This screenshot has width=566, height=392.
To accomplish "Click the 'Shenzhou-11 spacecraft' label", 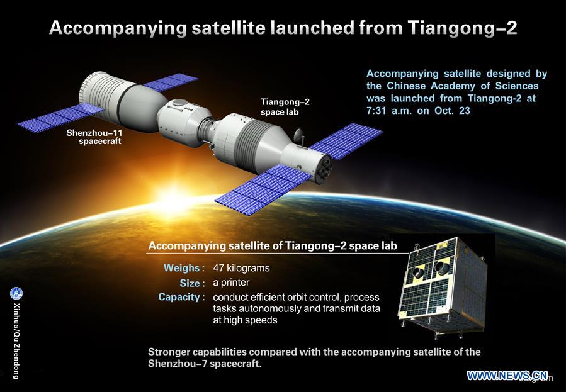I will click(x=94, y=137).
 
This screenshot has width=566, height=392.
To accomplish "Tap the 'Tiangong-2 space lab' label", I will click(x=285, y=106).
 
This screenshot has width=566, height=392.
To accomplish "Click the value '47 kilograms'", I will click(x=241, y=268).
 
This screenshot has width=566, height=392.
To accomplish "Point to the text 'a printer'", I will click(x=231, y=283).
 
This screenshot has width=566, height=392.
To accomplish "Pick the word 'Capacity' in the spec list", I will click(x=179, y=297).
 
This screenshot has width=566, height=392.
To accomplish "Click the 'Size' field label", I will click(x=191, y=283).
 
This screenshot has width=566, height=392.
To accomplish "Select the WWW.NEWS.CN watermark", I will click(x=507, y=376).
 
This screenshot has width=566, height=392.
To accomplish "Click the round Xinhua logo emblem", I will click(x=16, y=293).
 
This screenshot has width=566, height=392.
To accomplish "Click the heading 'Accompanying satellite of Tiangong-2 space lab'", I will click(x=272, y=245).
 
